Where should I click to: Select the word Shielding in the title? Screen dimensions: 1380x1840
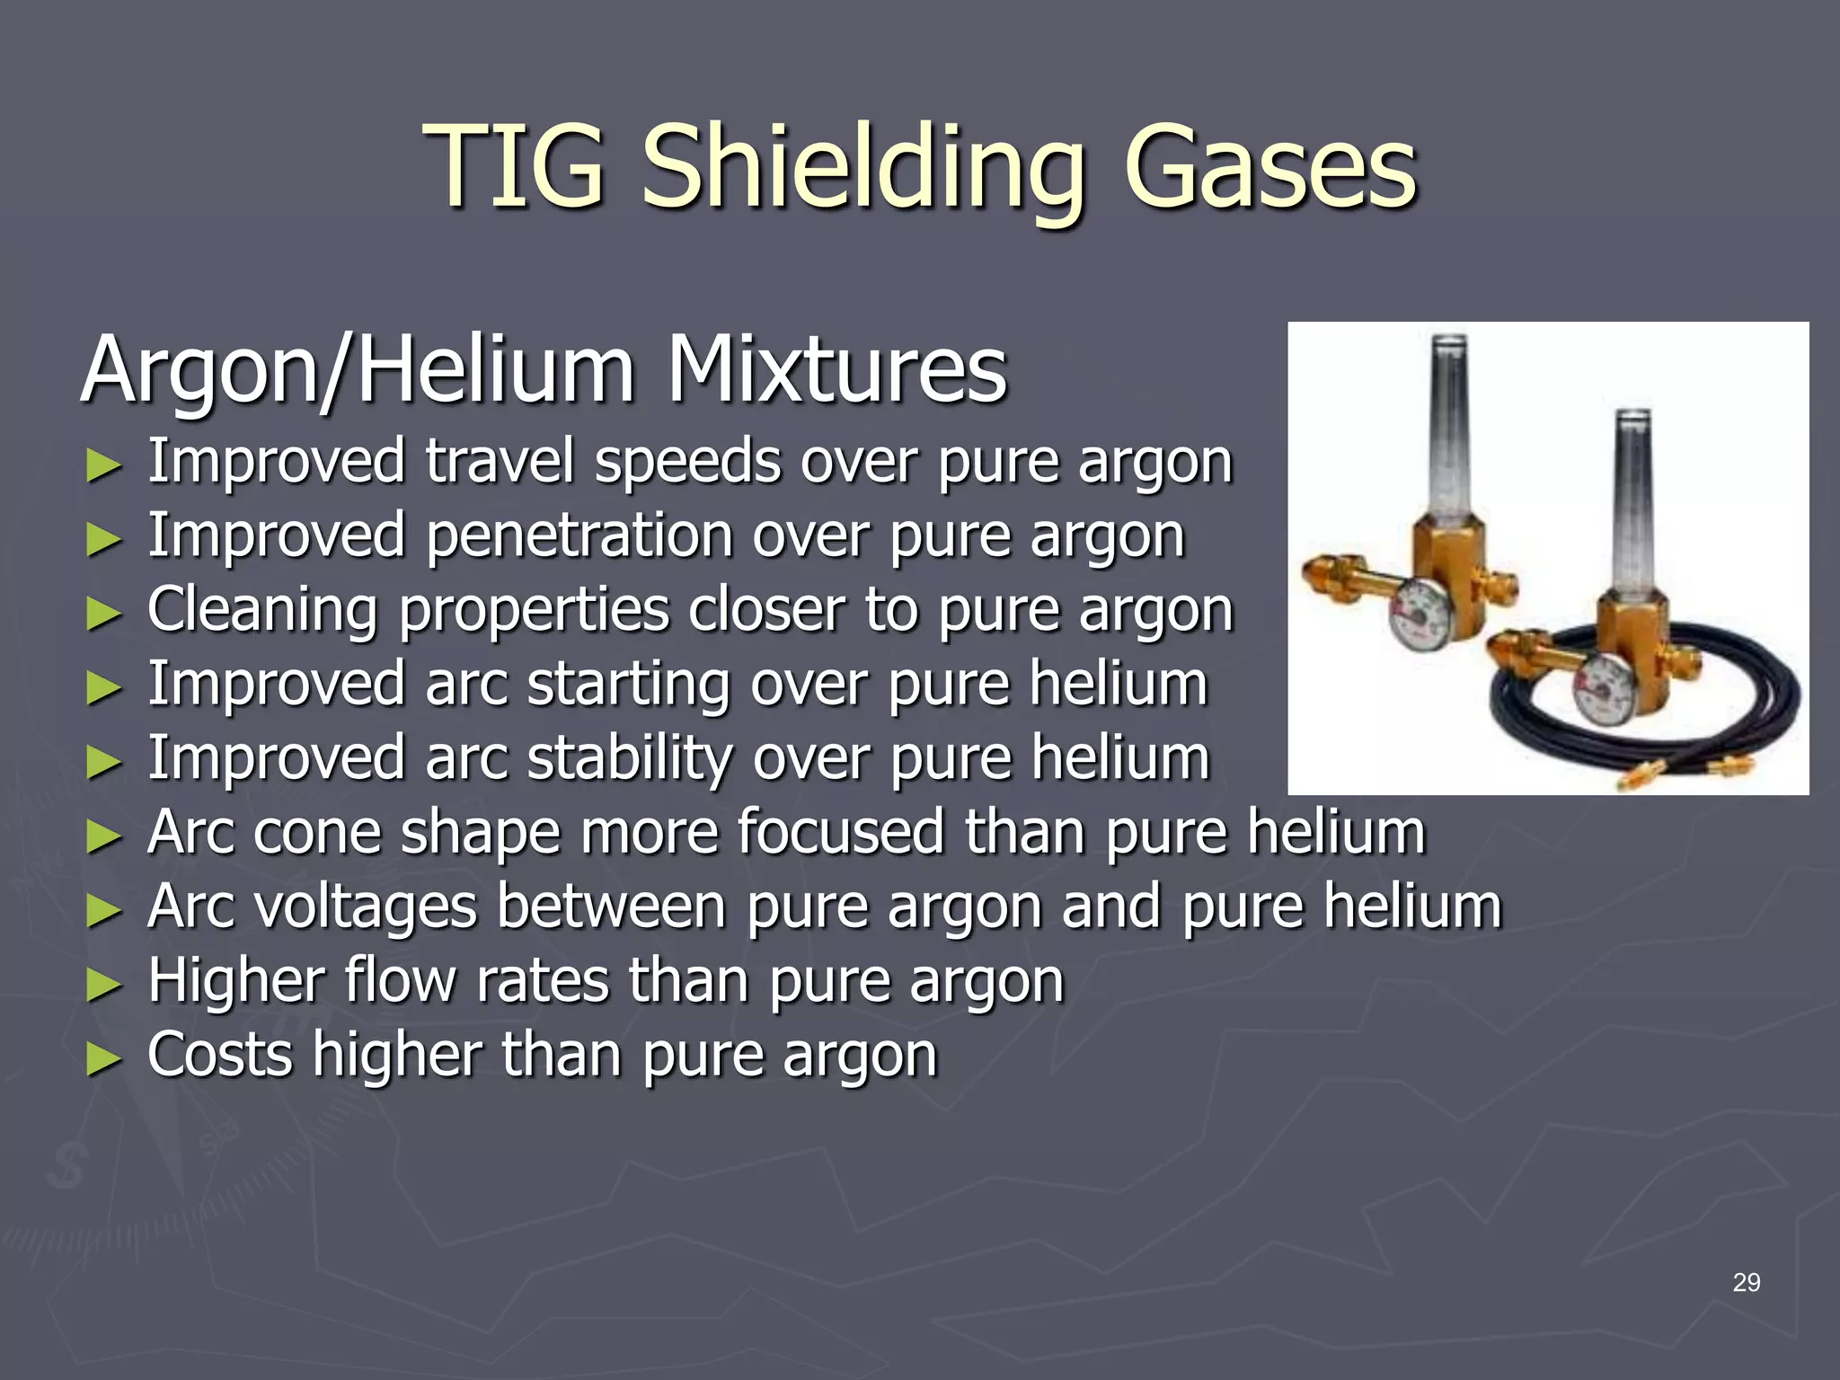[863, 171]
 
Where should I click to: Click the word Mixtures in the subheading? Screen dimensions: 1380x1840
[836, 370]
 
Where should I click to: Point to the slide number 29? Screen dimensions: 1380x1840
[1746, 1282]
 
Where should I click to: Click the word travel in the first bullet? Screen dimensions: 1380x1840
[499, 461]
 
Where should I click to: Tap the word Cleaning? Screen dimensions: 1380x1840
[262, 611]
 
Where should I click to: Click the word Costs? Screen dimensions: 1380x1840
[220, 1055]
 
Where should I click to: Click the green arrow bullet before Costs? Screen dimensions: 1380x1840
[103, 1058]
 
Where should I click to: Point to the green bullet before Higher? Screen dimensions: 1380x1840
[103, 985]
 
